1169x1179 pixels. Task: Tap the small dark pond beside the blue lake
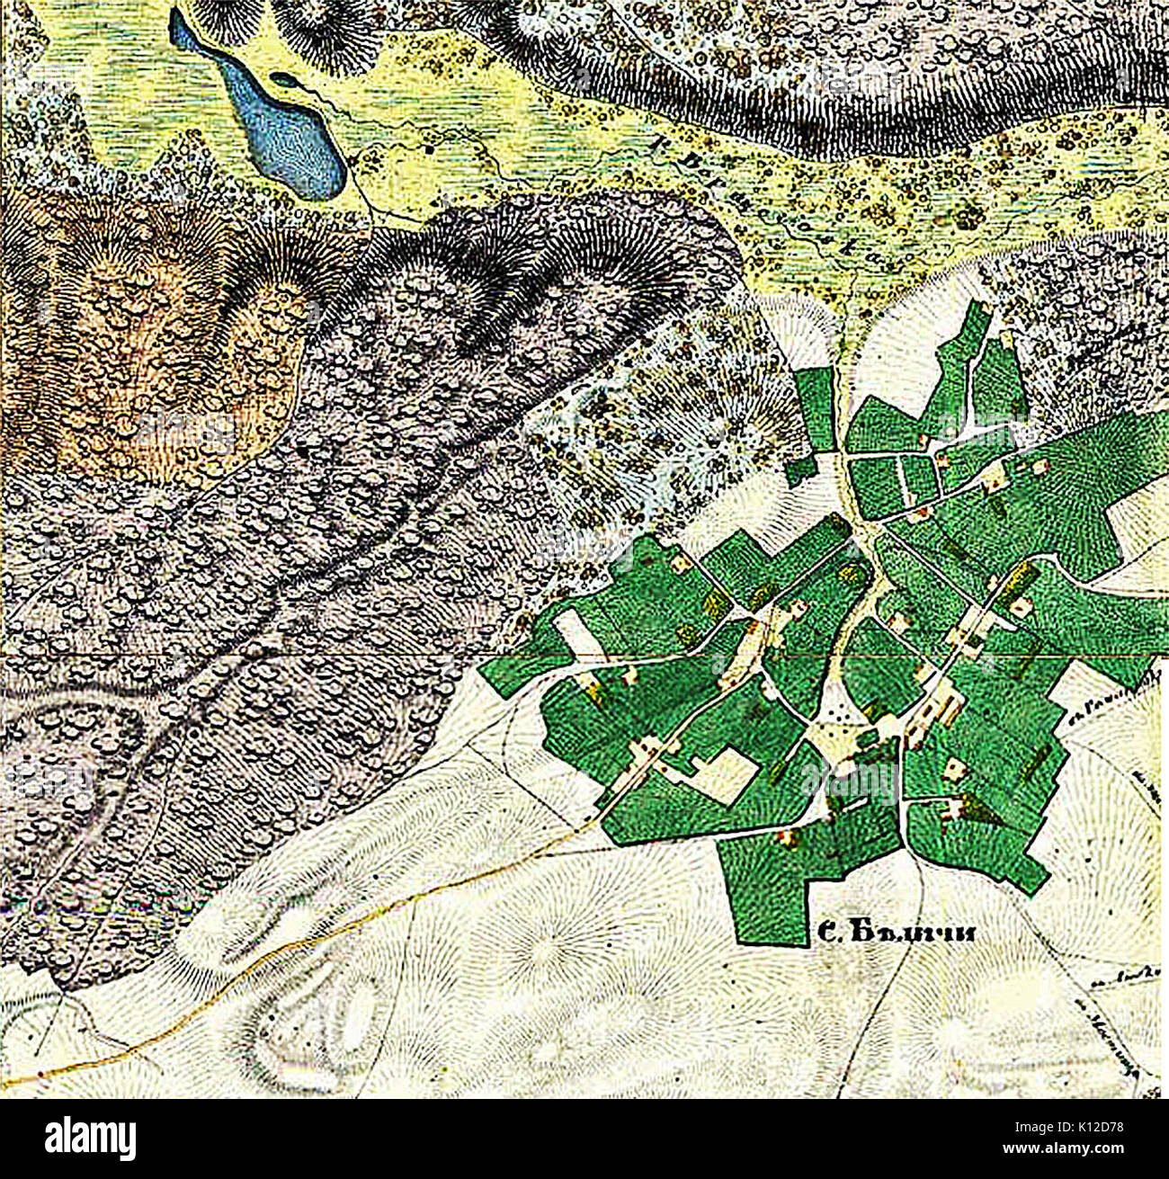[286, 80]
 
